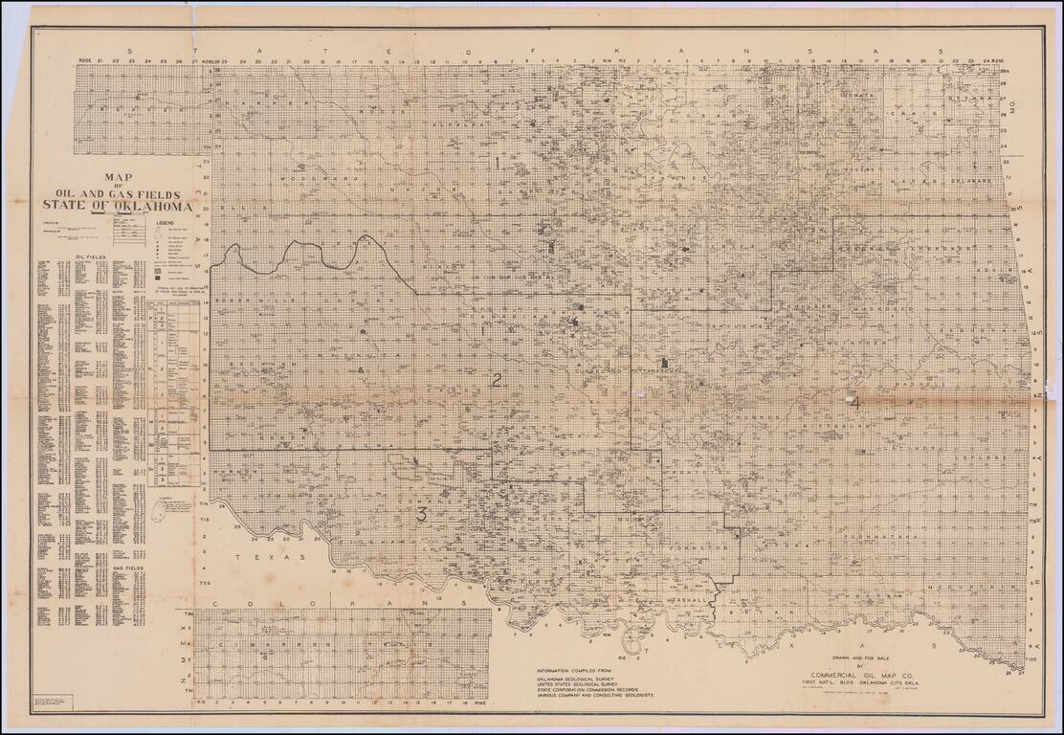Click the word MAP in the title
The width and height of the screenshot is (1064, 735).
(x=118, y=177)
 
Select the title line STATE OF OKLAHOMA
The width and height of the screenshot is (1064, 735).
(x=117, y=206)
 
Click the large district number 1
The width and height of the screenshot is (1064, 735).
(x=498, y=163)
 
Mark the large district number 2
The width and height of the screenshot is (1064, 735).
(x=497, y=379)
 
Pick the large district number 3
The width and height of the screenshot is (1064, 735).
(x=420, y=515)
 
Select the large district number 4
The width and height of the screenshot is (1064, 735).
(x=854, y=402)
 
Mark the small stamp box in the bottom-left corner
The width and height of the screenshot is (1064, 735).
(x=48, y=704)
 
